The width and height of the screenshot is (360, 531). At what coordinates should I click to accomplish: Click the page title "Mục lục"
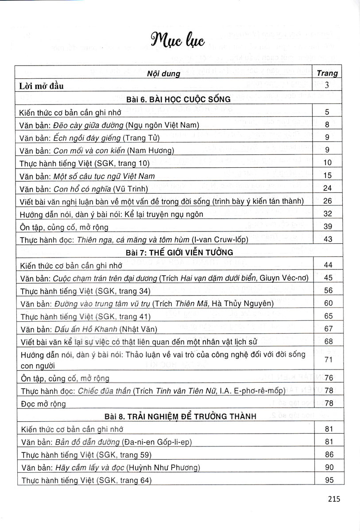click(179, 41)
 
